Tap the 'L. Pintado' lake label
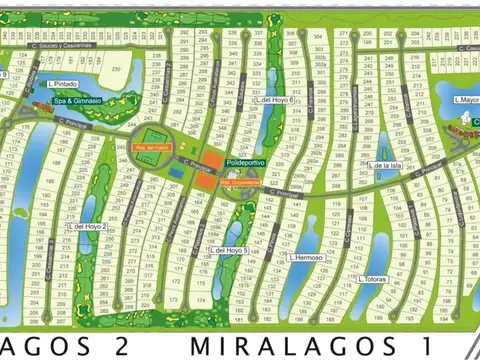point(61,85)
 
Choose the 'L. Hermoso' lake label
point(306,257)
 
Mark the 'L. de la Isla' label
point(385,165)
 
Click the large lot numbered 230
point(116,68)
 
